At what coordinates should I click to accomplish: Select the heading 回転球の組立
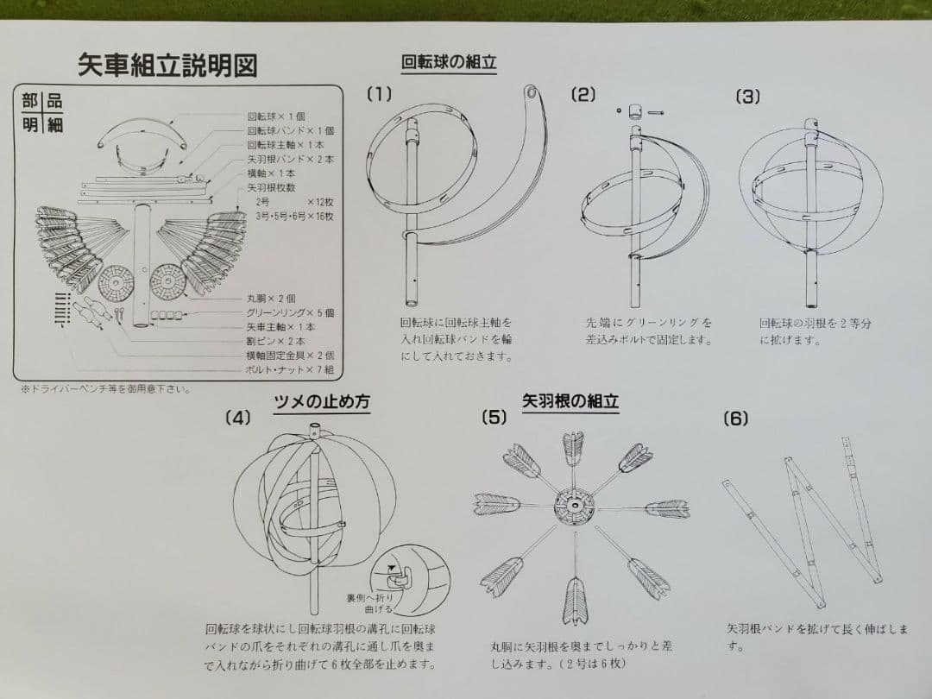pyautogui.click(x=449, y=62)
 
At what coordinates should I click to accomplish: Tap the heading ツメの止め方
pyautogui.click(x=322, y=401)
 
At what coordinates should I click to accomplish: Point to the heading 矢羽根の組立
pyautogui.click(x=570, y=401)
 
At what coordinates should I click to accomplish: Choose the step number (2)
pyautogui.click(x=583, y=95)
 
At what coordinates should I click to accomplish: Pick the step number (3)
pyautogui.click(x=747, y=97)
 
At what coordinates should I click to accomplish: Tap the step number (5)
pyautogui.click(x=494, y=418)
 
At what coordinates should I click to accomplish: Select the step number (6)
pyautogui.click(x=735, y=419)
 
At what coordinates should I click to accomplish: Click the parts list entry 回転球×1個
pyautogui.click(x=276, y=116)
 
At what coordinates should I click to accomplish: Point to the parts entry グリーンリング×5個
pyautogui.click(x=290, y=312)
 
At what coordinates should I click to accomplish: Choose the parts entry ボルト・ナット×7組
pyautogui.click(x=290, y=369)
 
